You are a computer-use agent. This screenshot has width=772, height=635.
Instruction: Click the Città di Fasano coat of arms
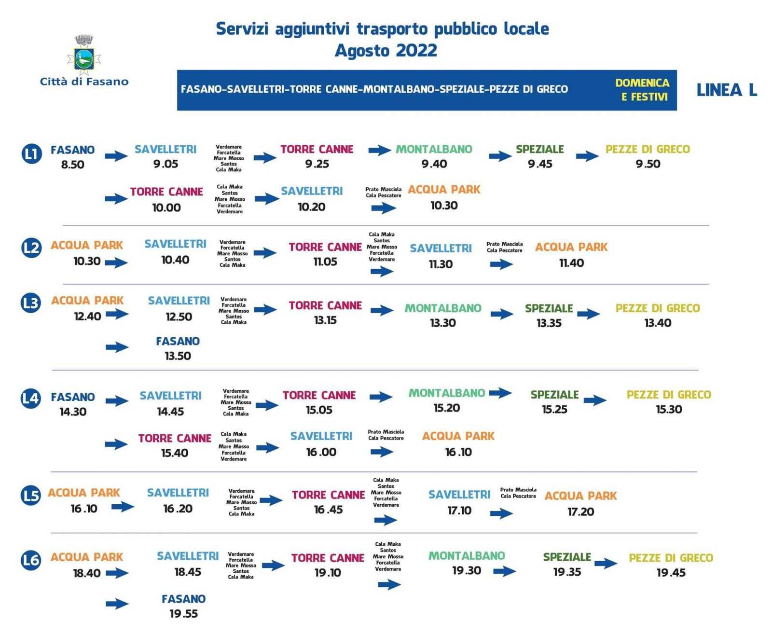84,54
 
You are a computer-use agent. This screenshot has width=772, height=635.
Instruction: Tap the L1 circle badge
31,154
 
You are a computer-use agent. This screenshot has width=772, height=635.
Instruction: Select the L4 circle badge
31,399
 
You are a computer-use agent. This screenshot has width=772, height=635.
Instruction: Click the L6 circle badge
31,560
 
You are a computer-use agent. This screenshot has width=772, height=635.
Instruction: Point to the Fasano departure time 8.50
72,165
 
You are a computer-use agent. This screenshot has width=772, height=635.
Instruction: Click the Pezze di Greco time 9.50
648,164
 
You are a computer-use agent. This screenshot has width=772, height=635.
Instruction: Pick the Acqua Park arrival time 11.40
571,263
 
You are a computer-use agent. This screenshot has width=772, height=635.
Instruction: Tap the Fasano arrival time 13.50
178,356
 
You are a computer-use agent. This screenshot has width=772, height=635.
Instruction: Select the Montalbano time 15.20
446,408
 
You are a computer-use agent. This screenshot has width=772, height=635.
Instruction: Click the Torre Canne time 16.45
328,510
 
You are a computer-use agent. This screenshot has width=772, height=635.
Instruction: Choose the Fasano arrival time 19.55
183,614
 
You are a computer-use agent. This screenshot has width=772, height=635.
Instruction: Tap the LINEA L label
727,90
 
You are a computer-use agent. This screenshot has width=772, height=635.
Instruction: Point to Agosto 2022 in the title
386,51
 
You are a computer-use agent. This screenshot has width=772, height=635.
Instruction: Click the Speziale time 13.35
549,323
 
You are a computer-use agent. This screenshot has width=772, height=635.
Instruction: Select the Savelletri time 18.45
187,572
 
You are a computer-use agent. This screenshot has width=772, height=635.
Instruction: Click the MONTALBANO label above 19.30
467,556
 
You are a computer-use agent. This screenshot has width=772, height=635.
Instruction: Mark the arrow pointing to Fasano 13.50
117,347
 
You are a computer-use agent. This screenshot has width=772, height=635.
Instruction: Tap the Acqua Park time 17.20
580,512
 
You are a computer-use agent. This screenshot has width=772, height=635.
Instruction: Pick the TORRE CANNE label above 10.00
166,192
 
